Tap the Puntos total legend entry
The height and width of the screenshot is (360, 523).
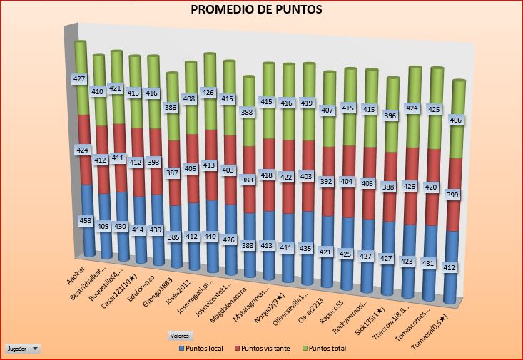327,348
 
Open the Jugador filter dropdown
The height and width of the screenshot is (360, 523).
23,349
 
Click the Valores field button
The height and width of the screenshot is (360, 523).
179,335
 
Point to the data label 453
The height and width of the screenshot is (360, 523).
86,221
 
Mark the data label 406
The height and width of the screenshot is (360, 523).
457,120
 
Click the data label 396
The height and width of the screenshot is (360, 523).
390,115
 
